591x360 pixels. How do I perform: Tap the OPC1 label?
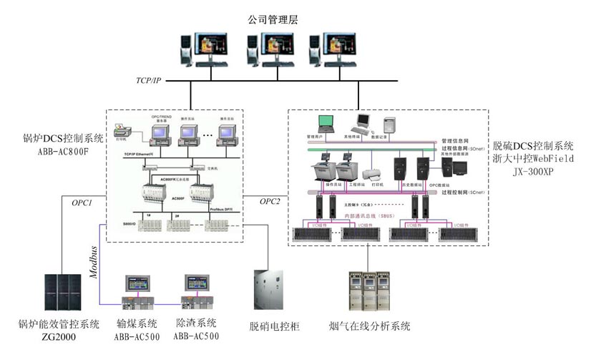83,203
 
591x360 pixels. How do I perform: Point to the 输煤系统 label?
137,323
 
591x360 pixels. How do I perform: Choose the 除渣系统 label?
196,323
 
